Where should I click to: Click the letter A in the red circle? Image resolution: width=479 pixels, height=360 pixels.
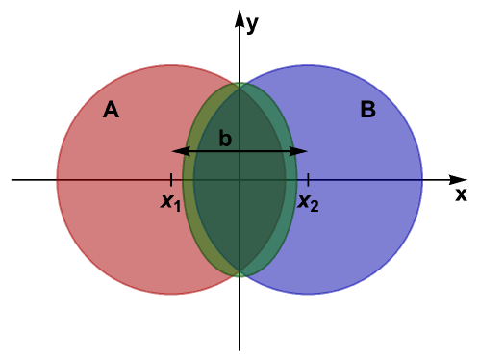(111, 111)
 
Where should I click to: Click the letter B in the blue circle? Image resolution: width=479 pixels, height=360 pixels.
(367, 111)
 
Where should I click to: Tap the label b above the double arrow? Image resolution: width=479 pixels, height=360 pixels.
(225, 139)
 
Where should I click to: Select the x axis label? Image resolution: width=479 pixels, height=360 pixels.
(461, 194)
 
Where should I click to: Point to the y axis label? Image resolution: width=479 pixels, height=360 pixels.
(252, 24)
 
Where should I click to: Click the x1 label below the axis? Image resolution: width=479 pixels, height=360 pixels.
(170, 202)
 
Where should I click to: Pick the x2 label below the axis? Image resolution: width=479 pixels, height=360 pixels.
(307, 202)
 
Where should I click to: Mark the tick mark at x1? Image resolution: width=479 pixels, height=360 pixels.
(170, 179)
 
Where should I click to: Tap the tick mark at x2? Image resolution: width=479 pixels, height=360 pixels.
(308, 179)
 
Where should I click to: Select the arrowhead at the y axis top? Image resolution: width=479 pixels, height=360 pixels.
(239, 13)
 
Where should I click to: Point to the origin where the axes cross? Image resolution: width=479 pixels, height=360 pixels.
(239, 179)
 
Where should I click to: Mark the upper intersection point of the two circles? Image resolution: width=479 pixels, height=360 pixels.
(239, 84)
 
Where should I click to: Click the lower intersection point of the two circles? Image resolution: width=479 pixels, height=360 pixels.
(239, 276)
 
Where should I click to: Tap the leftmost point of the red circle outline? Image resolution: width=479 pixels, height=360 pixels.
(57, 180)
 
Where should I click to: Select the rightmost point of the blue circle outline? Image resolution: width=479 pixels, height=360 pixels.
(422, 180)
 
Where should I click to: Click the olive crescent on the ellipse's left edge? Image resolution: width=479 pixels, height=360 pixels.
(189, 180)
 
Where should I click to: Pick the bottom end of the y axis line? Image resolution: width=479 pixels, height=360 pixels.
(239, 349)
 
